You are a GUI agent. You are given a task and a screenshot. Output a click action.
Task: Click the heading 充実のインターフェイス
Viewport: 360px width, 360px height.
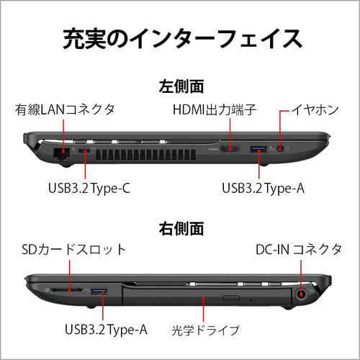[x=182, y=39]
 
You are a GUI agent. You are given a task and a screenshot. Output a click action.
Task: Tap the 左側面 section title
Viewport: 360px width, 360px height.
[x=181, y=86]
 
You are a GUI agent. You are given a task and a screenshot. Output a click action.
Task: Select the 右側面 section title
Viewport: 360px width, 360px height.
[x=181, y=228]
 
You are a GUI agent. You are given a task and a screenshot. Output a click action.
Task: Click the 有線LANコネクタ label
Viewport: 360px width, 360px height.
[x=65, y=110]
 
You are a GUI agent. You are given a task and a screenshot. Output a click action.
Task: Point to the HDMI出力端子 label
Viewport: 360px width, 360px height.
[x=215, y=110]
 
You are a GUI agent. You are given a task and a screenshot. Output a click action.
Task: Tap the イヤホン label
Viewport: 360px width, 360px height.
[x=315, y=110]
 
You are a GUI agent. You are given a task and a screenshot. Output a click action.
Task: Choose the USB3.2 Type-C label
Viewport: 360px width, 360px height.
[x=89, y=189]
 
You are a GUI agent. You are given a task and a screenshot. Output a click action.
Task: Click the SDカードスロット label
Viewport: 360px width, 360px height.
[x=73, y=250]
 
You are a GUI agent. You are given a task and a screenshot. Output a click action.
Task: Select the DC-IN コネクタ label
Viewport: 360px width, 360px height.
[x=299, y=250]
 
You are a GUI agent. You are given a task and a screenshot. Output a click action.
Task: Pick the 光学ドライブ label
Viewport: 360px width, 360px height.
[x=205, y=330]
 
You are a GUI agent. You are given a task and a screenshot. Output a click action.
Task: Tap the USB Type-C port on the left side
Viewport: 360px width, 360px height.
[x=84, y=151]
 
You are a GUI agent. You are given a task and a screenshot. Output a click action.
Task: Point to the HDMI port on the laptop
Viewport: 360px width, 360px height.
[x=230, y=149]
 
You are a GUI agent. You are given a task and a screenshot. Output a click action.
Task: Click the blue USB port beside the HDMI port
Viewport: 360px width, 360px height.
[x=258, y=149]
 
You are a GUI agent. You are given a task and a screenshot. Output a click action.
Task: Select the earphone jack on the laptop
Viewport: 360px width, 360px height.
[x=280, y=148]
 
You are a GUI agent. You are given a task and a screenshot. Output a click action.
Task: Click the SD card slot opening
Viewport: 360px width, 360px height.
[x=67, y=290]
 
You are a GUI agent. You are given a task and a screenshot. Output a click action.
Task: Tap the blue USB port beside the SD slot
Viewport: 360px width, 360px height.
[x=99, y=292]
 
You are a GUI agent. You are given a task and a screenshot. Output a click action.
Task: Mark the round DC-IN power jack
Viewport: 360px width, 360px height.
[x=301, y=294]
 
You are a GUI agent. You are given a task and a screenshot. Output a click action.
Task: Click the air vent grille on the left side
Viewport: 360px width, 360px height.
[x=146, y=155]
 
